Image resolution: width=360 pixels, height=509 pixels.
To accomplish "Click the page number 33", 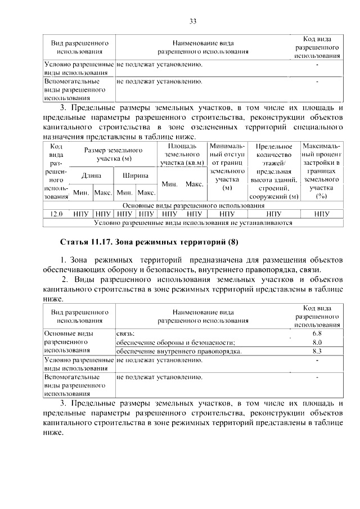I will (x=192, y=22).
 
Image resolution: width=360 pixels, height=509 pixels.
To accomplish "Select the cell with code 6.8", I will (x=316, y=334).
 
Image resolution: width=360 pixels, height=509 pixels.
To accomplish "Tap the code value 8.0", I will (x=316, y=342).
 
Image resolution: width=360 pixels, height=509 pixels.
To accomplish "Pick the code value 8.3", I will (x=316, y=351).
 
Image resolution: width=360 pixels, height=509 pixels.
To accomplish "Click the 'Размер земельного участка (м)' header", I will (x=113, y=155).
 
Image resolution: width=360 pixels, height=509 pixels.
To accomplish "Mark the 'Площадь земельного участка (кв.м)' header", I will (x=182, y=155).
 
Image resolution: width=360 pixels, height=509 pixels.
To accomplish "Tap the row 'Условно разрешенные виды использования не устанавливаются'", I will (x=192, y=223).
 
